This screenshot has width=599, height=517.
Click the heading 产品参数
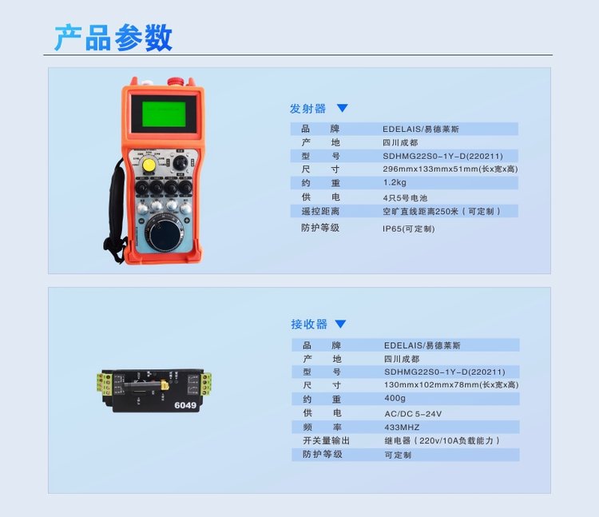[113, 38]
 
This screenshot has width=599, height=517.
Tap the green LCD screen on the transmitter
[164, 114]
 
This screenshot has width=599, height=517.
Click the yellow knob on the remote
[149, 165]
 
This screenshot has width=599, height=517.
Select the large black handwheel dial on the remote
[165, 235]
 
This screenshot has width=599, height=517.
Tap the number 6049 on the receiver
[185, 405]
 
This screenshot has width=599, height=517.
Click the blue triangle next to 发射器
[343, 108]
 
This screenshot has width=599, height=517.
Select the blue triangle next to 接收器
[340, 324]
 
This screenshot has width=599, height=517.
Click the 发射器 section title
[307, 109]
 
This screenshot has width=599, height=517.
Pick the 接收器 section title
[309, 324]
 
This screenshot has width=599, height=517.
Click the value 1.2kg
[395, 183]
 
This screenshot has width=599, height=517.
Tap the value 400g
[395, 398]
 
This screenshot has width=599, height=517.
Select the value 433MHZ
[402, 428]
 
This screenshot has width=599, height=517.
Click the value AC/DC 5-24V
[413, 414]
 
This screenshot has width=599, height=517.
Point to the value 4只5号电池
[405, 198]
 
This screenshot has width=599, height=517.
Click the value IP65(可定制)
[409, 229]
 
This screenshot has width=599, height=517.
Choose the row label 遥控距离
[320, 211]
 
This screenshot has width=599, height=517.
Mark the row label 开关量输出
[327, 440]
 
